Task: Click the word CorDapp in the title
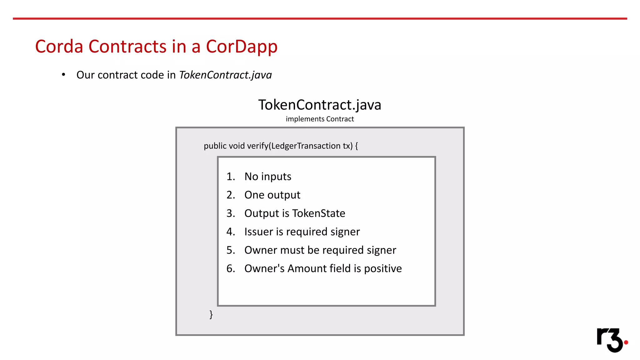click(241, 47)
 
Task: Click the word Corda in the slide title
click(59, 47)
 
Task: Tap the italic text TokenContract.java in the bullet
click(225, 75)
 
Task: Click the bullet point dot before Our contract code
click(63, 75)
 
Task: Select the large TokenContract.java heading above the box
click(320, 105)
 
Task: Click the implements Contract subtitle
click(320, 119)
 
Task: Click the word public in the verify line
click(215, 146)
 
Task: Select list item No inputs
click(267, 177)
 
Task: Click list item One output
click(272, 195)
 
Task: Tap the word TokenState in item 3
click(319, 213)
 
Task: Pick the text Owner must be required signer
click(320, 250)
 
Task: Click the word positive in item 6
click(383, 269)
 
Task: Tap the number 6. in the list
click(231, 269)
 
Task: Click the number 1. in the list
click(231, 177)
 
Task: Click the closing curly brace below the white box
click(211, 314)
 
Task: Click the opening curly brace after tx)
click(357, 146)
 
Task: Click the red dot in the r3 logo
click(626, 342)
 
